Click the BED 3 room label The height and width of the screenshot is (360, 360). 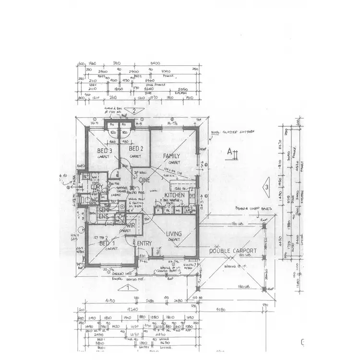tap(105, 151)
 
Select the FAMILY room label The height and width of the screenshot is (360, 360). tap(171, 156)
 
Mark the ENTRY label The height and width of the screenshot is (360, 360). tap(144, 244)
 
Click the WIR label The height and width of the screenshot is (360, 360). tap(130, 225)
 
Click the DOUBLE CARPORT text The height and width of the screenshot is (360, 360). tap(233, 251)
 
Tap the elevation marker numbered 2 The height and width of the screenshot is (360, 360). tap(135, 111)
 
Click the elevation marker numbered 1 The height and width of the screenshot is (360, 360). tap(128, 288)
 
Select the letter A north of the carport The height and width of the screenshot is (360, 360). tap(230, 152)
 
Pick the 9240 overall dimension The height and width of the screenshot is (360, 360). tap(131, 310)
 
